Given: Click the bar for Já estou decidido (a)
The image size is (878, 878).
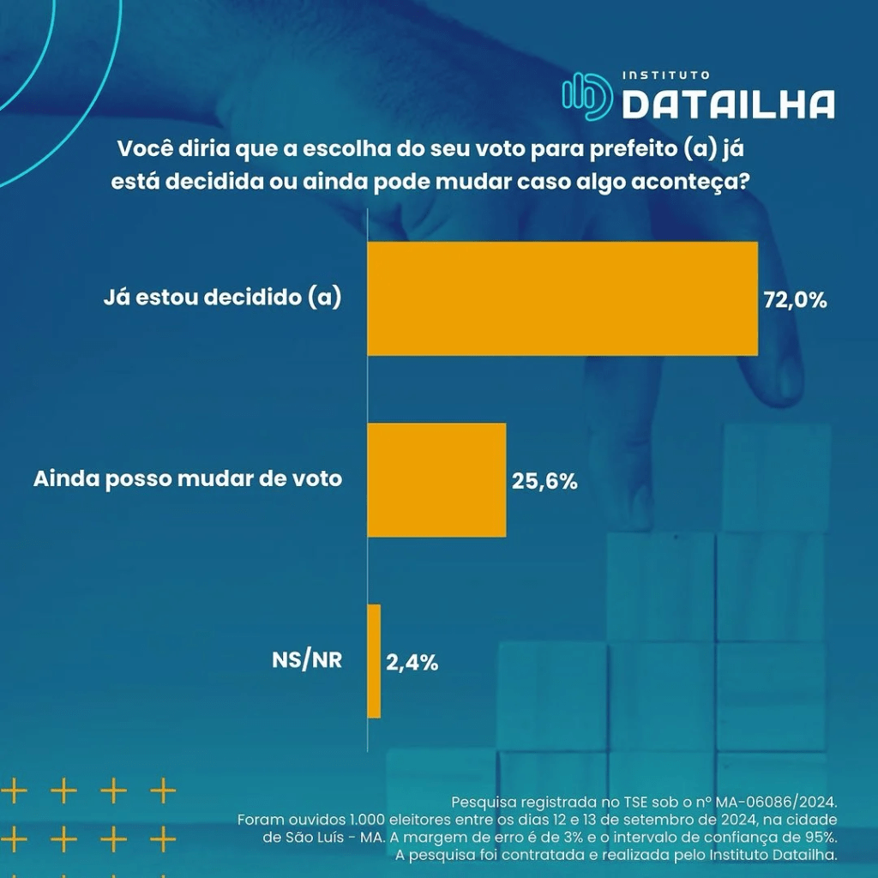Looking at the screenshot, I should pyautogui.click(x=562, y=298).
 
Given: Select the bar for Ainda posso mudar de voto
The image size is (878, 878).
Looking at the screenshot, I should pyautogui.click(x=436, y=479).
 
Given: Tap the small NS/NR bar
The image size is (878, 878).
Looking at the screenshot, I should pyautogui.click(x=374, y=661).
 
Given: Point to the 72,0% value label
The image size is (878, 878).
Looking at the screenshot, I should pyautogui.click(x=795, y=300).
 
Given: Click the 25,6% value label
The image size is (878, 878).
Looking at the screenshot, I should pyautogui.click(x=544, y=481).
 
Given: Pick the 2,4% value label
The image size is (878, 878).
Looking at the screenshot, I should pyautogui.click(x=412, y=662).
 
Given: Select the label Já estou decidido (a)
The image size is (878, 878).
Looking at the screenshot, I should pyautogui.click(x=222, y=298).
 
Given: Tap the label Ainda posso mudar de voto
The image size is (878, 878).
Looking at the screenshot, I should pyautogui.click(x=188, y=478).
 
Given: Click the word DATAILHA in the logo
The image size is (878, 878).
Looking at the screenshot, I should pyautogui.click(x=728, y=105).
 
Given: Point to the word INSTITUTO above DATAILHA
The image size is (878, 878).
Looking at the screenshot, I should pyautogui.click(x=665, y=76).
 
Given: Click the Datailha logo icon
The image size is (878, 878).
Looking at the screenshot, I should pyautogui.click(x=587, y=95).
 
